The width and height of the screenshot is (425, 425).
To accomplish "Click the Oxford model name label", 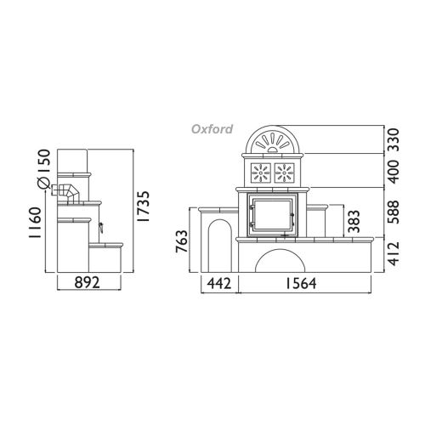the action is (x=212, y=129).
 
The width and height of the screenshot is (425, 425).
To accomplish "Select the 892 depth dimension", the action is (x=88, y=282).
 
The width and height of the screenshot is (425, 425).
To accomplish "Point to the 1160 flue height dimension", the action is (x=36, y=223).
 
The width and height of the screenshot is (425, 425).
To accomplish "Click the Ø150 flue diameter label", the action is (x=44, y=169).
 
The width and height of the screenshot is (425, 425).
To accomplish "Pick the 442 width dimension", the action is (x=219, y=283).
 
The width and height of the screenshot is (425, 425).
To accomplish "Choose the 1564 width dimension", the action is (x=301, y=283).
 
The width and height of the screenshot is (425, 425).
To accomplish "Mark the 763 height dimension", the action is (x=182, y=241).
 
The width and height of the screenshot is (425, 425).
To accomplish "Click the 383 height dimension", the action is (x=354, y=221).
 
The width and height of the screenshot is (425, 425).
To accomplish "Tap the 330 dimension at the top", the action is (x=394, y=139).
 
